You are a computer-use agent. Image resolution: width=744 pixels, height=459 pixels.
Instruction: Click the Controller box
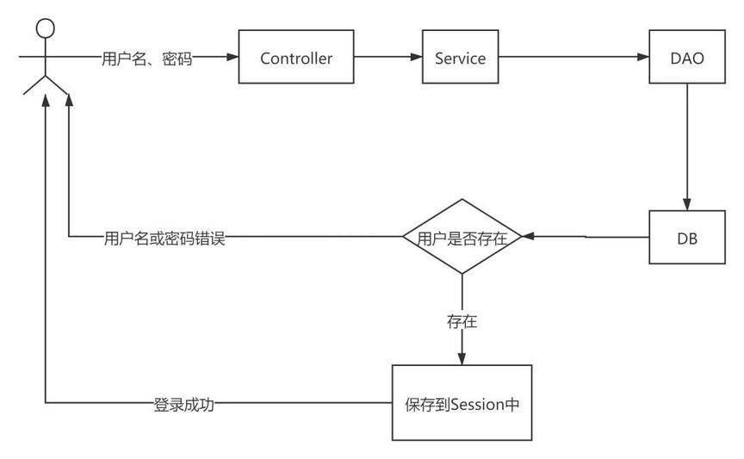[x=296, y=57]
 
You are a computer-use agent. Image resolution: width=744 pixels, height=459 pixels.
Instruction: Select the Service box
[x=460, y=57]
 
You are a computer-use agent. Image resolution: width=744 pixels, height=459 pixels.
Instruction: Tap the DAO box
[x=687, y=57]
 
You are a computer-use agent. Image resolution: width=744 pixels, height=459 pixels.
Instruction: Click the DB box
[x=687, y=237]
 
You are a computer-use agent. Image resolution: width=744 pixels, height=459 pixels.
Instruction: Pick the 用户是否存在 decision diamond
[x=462, y=236]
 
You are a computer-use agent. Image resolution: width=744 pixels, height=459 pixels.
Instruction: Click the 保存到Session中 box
[x=462, y=402]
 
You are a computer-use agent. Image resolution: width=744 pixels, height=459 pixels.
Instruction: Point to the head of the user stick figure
[x=45, y=28]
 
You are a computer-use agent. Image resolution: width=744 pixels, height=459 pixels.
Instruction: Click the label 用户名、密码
[x=147, y=59]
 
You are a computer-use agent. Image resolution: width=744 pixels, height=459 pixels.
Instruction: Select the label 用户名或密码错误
[x=164, y=239]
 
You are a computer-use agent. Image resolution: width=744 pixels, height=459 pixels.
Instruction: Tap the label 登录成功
[x=184, y=405]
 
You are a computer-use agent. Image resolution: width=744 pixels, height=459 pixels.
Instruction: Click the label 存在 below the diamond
[x=462, y=321]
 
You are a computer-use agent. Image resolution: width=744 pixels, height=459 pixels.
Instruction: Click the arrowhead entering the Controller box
[x=232, y=57]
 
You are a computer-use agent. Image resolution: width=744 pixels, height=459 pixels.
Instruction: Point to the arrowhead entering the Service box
[x=416, y=57]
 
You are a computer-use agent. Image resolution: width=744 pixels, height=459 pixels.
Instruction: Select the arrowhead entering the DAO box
[x=643, y=57]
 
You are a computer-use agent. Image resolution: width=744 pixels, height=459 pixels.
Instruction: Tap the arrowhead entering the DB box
[x=687, y=204]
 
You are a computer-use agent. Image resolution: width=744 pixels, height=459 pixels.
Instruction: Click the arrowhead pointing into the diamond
[x=528, y=236]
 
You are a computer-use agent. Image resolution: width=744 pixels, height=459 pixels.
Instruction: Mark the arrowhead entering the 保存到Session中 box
[x=462, y=358]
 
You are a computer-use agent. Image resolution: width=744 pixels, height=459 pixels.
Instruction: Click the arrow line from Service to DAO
[x=573, y=57]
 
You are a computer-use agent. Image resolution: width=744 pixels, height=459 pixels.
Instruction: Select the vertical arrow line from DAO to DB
[x=687, y=147]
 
